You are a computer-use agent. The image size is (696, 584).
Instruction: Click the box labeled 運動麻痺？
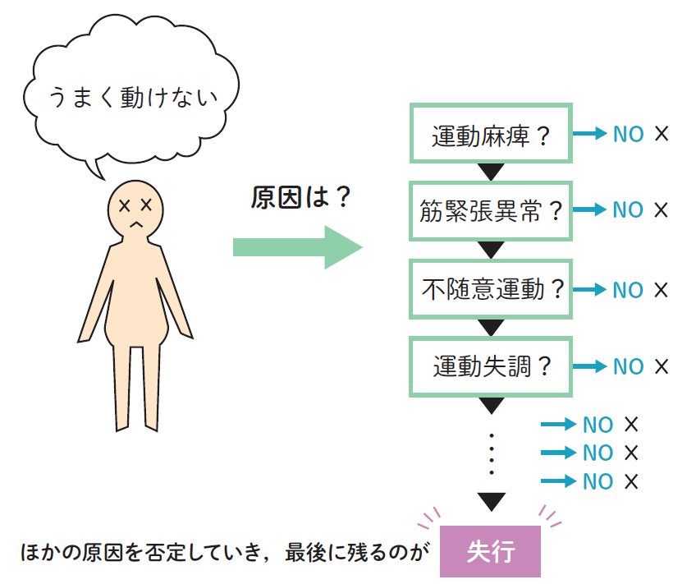490,133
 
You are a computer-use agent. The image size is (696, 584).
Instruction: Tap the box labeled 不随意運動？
490,289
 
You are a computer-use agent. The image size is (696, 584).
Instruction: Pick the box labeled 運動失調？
490,366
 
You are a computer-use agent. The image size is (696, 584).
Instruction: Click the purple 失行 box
490,552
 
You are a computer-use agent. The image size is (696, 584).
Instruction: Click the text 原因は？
301,198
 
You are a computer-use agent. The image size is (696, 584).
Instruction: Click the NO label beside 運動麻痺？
629,134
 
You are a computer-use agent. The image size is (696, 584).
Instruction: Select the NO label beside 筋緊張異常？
629,210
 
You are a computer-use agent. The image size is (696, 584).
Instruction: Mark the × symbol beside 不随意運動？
662,290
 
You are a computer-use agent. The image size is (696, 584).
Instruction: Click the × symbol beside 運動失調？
662,366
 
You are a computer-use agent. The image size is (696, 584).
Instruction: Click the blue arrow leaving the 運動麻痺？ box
590,134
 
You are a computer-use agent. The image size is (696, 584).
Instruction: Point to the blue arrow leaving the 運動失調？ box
590,366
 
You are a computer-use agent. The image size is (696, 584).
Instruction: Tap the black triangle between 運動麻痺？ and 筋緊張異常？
491,172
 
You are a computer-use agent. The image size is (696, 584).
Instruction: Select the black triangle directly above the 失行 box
491,501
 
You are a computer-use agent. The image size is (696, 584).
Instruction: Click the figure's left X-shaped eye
125,205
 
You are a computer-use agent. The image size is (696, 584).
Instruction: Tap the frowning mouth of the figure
136,222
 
